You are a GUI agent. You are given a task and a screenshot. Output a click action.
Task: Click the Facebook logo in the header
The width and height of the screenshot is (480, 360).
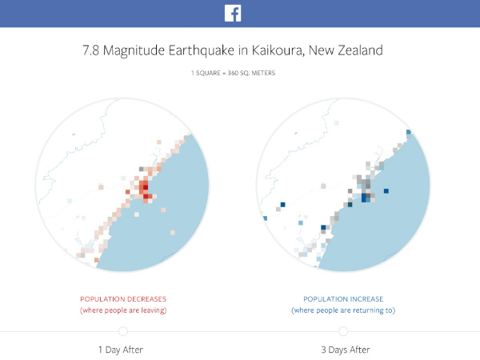coord(234,14)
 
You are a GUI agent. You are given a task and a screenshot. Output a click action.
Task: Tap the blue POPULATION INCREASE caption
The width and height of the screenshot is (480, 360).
coord(343,298)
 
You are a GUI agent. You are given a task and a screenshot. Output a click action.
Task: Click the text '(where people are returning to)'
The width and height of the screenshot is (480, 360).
coord(343,310)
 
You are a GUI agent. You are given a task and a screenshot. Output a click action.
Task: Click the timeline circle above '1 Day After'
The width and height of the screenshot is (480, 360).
coord(123,331)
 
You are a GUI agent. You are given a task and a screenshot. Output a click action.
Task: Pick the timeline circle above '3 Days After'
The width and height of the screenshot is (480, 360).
coord(343,331)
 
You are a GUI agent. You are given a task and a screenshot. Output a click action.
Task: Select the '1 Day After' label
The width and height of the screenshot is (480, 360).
coord(123,350)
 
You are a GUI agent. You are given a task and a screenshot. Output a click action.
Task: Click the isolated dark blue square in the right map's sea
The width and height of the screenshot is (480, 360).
coord(386,191)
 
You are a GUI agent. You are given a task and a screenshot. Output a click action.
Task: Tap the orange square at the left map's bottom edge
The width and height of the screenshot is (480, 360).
coord(96,260)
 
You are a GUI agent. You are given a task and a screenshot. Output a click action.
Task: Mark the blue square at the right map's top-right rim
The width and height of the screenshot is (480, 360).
coord(408,133)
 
